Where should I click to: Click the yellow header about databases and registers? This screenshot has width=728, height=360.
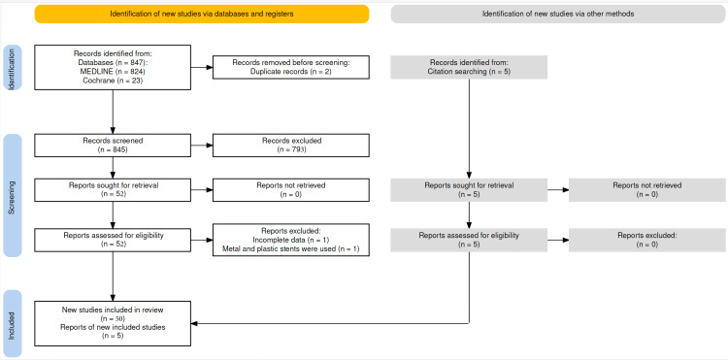tap(201, 14)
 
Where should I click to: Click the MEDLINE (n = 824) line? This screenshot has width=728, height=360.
tap(113, 71)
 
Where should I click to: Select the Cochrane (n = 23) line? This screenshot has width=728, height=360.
tap(113, 80)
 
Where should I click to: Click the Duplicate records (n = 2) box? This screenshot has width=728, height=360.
tap(289, 67)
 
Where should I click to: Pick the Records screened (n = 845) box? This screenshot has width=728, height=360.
tap(113, 146)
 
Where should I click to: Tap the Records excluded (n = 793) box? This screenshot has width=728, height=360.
tap(289, 146)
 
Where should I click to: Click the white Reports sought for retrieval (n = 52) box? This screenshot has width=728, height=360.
tap(113, 190)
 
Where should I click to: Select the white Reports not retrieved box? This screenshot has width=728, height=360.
tap(289, 190)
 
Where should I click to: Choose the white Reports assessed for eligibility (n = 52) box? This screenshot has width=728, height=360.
tap(113, 239)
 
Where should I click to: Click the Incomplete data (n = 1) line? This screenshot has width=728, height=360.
tap(289, 240)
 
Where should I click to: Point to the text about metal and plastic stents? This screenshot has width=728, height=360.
tap(289, 248)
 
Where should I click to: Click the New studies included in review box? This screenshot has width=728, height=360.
tap(113, 322)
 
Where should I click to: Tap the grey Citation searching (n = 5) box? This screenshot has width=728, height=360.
tap(469, 67)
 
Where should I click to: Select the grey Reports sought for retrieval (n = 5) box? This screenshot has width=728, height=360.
tap(469, 190)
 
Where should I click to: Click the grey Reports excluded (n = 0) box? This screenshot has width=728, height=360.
tap(645, 239)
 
